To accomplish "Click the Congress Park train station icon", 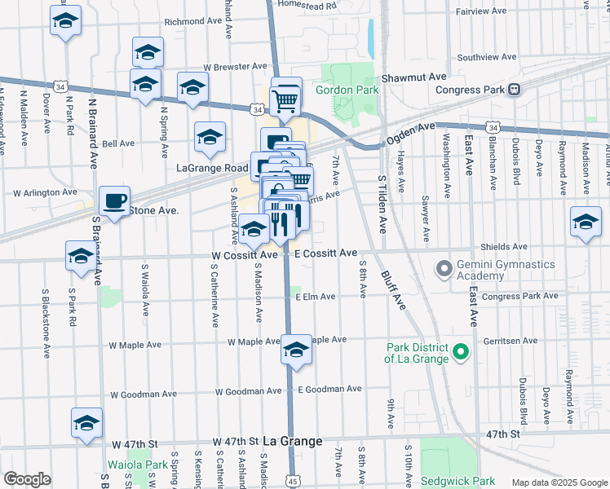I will (x=515, y=90).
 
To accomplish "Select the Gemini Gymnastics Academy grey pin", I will (x=444, y=267).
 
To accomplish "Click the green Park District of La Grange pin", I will (x=461, y=353).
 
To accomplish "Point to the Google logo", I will (x=27, y=479).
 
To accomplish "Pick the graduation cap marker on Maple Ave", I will (x=295, y=350).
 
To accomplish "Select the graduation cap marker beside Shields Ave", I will (x=586, y=222).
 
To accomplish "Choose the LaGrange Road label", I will (x=212, y=167).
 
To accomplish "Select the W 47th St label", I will (x=236, y=441).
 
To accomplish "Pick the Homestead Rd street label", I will (x=307, y=5).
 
